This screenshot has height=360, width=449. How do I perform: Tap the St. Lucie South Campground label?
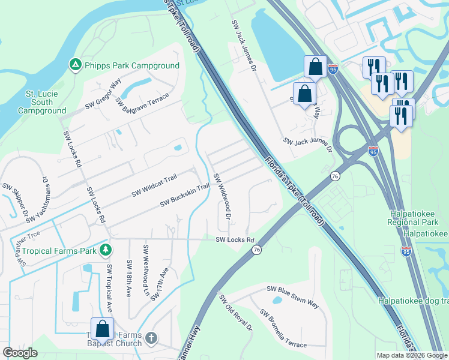[41, 102]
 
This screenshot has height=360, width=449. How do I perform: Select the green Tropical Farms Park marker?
[106, 249]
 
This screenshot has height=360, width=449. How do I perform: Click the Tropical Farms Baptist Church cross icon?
[151, 338]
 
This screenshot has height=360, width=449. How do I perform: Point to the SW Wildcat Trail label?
[155, 185]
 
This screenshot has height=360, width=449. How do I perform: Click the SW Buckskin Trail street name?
[184, 196]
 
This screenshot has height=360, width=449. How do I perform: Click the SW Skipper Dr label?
[14, 200]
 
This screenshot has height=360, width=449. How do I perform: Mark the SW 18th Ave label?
[129, 278]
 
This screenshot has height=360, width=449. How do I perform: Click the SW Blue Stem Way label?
[293, 296]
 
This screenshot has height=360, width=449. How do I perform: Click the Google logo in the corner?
[20, 353]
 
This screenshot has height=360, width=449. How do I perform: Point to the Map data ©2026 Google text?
[411, 355]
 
